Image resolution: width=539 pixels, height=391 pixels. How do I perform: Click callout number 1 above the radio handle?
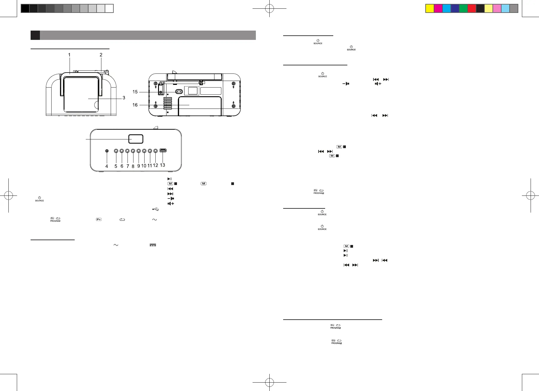(x=69, y=55)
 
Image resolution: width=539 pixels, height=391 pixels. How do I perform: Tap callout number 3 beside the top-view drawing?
(x=124, y=98)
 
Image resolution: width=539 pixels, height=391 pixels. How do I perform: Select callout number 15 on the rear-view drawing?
(x=135, y=92)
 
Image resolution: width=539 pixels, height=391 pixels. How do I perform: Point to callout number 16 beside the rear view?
(x=135, y=105)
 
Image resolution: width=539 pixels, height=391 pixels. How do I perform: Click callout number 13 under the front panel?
(x=162, y=165)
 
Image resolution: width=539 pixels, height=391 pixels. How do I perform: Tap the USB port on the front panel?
(x=163, y=151)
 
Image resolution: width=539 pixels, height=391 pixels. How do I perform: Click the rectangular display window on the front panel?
(x=136, y=139)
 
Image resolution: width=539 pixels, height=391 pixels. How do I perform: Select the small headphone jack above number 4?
(x=107, y=151)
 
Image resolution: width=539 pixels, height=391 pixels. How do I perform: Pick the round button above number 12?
(x=155, y=151)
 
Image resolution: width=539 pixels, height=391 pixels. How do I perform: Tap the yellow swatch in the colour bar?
(x=430, y=8)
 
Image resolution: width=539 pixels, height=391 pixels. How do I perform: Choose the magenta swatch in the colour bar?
(x=438, y=8)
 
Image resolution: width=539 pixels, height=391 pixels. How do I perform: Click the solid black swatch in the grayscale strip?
(x=25, y=8)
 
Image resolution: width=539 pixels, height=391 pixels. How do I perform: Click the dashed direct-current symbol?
(x=153, y=245)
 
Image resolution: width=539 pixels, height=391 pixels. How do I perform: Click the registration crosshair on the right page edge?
(x=530, y=195)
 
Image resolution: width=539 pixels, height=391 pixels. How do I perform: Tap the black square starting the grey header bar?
(x=35, y=35)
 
